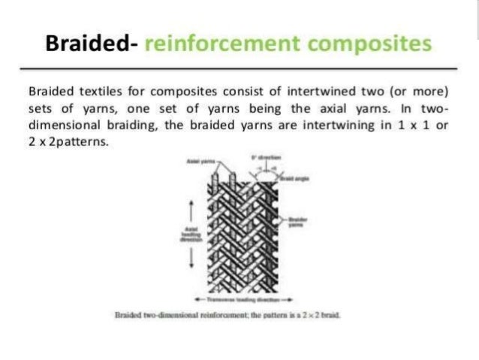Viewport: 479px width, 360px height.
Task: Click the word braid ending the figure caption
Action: click(333, 316)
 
